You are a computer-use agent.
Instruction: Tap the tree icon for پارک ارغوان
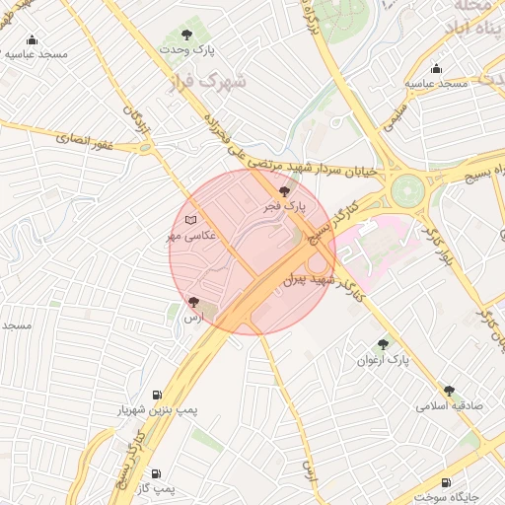[383, 344]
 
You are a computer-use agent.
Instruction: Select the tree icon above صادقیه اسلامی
[450, 391]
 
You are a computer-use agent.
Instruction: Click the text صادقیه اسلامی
[448, 406]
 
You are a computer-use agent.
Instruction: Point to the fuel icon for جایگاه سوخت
[447, 482]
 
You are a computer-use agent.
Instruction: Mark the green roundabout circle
[406, 190]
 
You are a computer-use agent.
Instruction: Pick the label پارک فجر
[285, 208]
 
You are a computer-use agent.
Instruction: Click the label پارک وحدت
[218, 46]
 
